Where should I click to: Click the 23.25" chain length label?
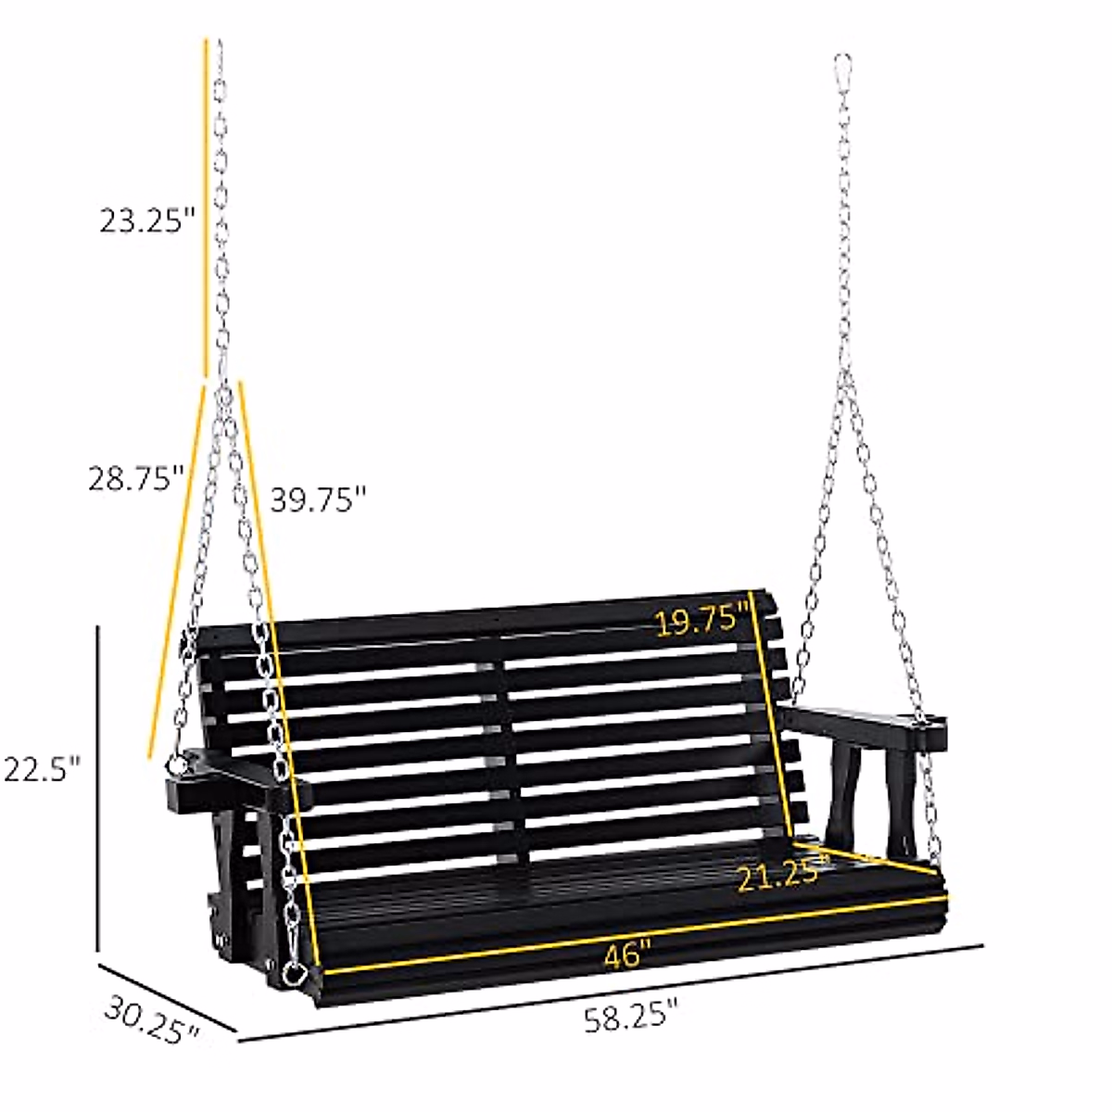coord(147,222)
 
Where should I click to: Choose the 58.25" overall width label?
coord(631,1018)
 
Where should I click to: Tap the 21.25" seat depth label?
coord(780,875)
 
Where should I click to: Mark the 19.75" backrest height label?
coord(701,620)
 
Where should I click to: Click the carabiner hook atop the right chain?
coord(843,70)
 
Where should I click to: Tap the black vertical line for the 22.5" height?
coord(98,788)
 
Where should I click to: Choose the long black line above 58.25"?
coord(612,991)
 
